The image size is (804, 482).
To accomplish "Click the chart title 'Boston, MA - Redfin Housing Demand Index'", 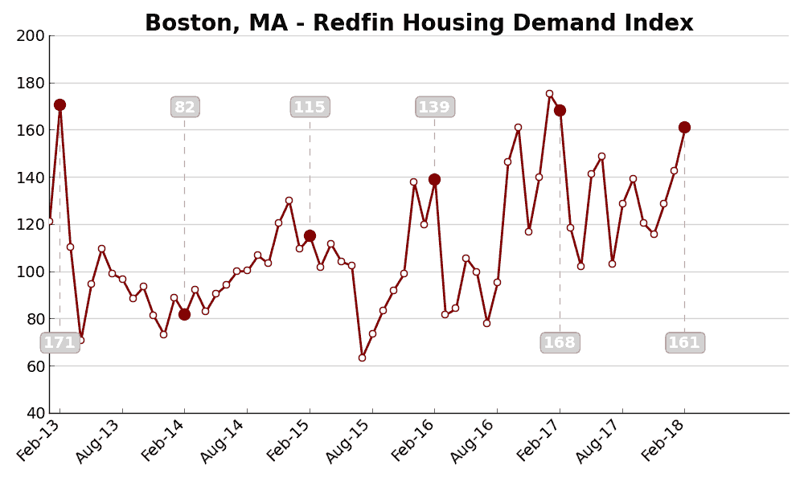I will coord(419,23).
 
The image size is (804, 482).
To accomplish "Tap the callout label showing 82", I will coord(185,107).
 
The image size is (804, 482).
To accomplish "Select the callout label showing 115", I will coord(310,107).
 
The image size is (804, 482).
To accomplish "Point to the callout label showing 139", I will coord(434,107).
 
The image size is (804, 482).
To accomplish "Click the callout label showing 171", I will coord(59,343).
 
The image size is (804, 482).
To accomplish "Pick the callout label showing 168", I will coord(560,343).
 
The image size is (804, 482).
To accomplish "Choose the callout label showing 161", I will coord(685,343).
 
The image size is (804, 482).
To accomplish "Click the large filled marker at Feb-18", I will coord(684,127).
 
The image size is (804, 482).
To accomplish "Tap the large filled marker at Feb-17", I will coord(560,110).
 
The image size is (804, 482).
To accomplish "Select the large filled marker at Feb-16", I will coord(434,179).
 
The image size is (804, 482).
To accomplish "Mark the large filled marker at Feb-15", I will coord(310,235).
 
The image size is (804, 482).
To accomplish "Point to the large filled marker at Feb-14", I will coord(184,314).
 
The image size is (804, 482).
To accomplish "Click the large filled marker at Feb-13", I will coord(59,104).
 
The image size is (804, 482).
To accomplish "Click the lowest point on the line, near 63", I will coord(362,357).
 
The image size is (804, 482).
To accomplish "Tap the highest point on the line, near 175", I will coord(549,93).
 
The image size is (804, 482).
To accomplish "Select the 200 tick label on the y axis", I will coord(31,35).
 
